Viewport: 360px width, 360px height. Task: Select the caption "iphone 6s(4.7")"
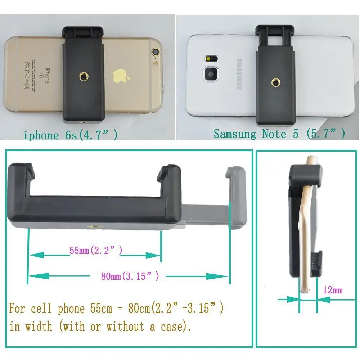(71, 135)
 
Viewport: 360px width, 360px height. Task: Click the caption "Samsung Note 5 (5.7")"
(279, 134)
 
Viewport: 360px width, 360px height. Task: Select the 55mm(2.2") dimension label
(96, 250)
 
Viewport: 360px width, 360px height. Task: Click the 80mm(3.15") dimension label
(130, 276)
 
